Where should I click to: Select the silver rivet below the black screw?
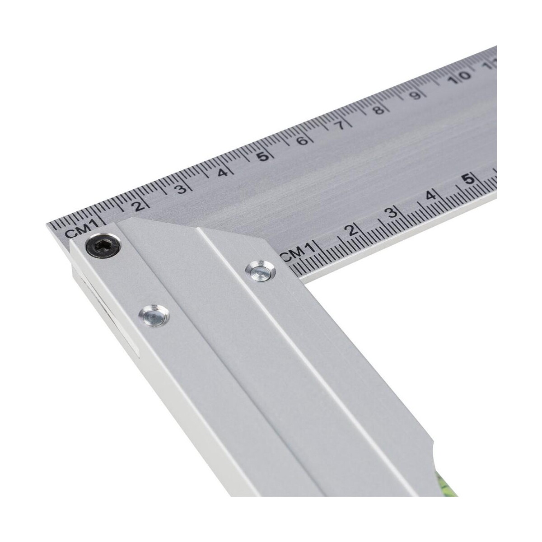tap(154, 316)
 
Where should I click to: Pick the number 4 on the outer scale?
tap(222, 173)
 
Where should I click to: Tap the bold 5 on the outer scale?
tap(263, 156)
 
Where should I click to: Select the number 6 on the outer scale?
tap(303, 140)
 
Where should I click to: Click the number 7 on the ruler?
tap(341, 125)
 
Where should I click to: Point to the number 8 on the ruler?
tap(379, 109)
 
